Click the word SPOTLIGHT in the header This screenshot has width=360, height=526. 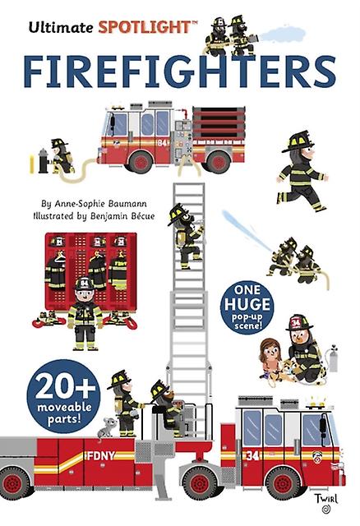pos(145,27)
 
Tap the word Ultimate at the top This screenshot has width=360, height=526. pos(60,27)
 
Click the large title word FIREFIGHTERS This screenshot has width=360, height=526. pos(180,72)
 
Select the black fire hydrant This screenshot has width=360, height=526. pos(44,161)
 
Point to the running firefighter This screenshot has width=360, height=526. pos(302,171)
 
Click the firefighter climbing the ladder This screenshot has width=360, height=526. pos(187,236)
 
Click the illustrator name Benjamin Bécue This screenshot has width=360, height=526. pos(122,216)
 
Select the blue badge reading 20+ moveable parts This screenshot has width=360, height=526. pos(63,396)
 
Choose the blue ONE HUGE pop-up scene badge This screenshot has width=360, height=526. pos(247,307)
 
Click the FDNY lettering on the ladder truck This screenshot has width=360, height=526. pos(100,455)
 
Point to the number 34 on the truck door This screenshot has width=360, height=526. pos(252,455)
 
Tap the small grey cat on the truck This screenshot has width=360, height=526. pos(107,427)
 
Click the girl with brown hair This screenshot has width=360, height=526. pos(270,362)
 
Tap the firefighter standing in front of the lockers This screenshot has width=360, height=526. pos(85,314)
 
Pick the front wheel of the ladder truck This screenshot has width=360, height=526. pos(284,483)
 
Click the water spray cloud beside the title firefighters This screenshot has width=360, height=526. pos(284,34)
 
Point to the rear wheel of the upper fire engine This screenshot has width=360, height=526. pos(219,162)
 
